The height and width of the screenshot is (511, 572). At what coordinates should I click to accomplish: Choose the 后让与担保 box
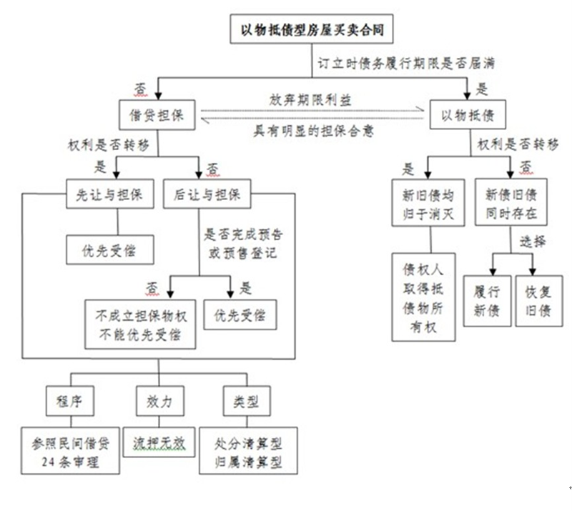click(207, 194)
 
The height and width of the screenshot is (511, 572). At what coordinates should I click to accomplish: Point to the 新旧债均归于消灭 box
click(428, 205)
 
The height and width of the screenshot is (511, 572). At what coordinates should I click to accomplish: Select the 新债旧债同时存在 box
click(511, 205)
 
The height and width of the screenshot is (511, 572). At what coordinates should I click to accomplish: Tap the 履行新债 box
click(488, 301)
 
